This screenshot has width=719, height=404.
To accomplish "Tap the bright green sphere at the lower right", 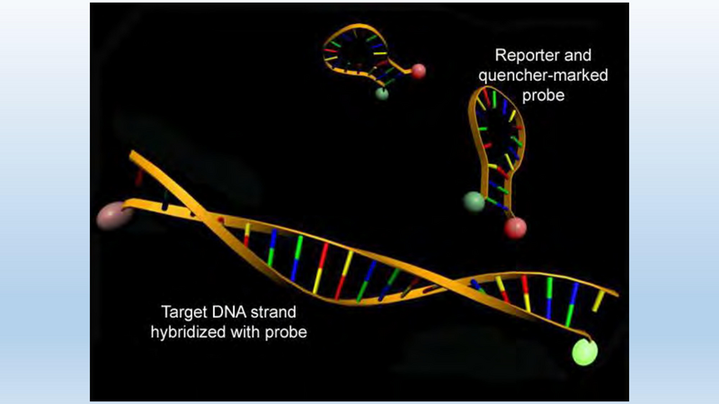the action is tap(585, 352).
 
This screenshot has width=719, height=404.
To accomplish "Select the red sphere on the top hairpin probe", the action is tap(418, 71).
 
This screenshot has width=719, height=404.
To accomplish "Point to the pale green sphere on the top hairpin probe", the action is tap(381, 94).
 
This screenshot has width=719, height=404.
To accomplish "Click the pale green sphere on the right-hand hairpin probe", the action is tap(475, 201).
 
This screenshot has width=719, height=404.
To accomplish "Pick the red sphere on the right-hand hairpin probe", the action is tap(515, 228).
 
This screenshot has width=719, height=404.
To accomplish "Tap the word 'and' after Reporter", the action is tap(578, 56).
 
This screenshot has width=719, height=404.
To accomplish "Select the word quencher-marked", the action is tap(544, 75).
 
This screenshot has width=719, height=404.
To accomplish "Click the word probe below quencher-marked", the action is tap(544, 96).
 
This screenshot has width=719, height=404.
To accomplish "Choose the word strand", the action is tap(273, 312).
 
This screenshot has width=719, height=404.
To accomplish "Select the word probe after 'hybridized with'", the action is tap(286, 333).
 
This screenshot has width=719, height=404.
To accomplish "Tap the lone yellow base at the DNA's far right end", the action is tap(598, 301).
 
